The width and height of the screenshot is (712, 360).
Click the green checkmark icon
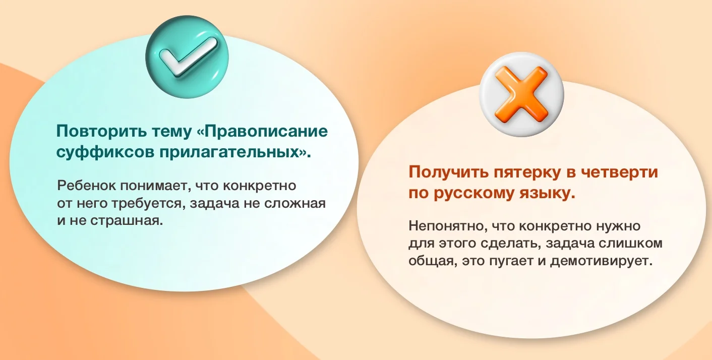point(187,57)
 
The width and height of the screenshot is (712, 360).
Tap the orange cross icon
point(521,95)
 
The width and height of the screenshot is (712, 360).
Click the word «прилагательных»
point(229,152)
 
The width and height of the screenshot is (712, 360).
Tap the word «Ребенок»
point(86,186)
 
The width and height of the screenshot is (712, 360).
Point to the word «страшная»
point(127,221)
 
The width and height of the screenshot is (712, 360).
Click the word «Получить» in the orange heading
point(448,172)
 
